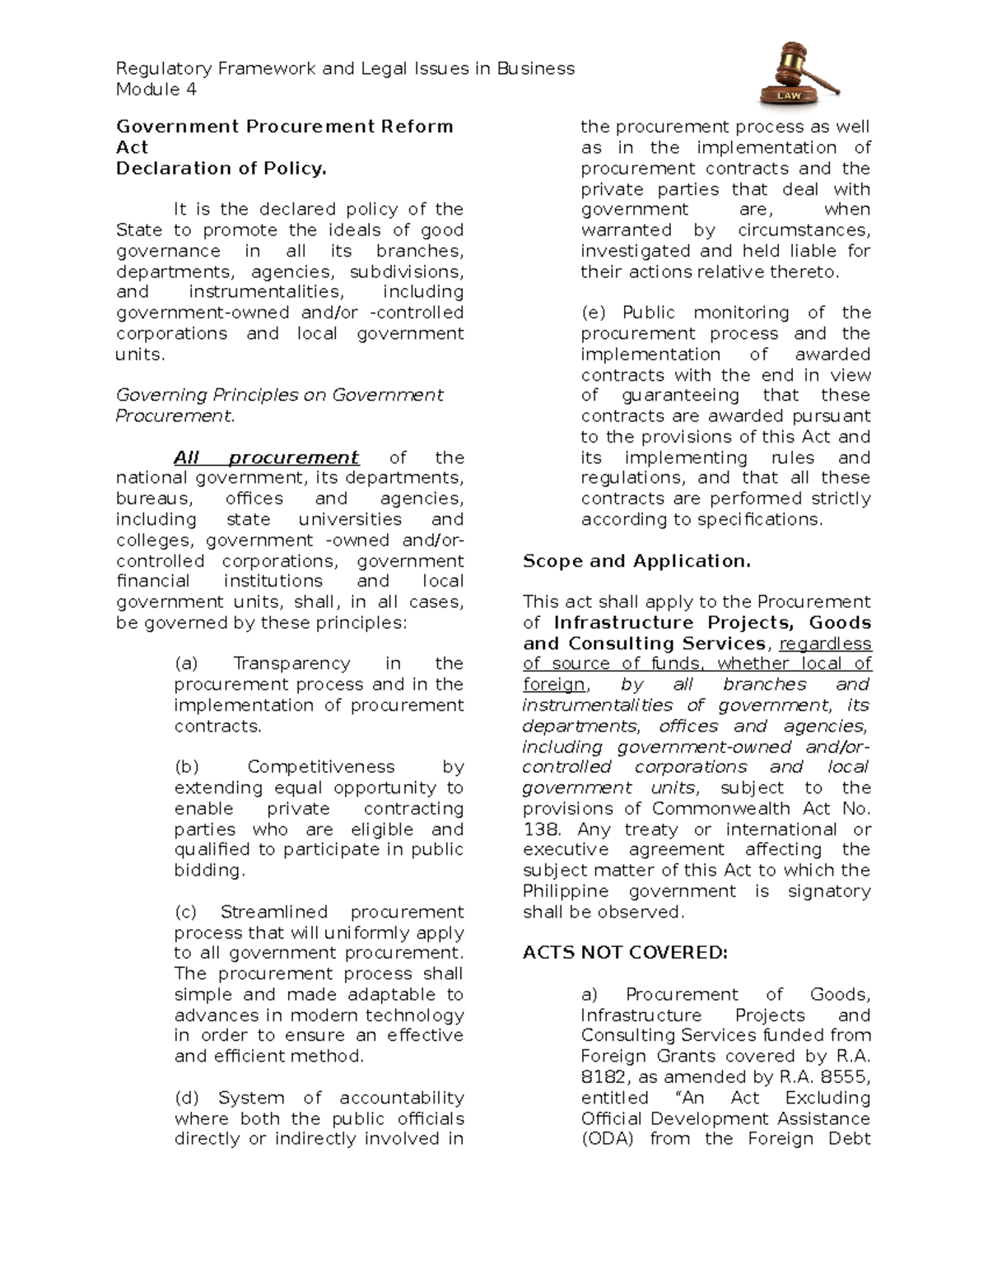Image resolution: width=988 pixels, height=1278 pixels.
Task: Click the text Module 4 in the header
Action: tap(156, 90)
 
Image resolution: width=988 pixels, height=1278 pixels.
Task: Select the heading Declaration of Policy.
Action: tap(221, 169)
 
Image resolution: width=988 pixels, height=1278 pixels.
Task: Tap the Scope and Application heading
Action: tap(636, 561)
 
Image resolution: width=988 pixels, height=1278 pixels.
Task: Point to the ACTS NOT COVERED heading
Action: tap(625, 953)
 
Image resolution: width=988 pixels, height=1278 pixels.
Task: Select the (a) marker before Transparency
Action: tap(186, 663)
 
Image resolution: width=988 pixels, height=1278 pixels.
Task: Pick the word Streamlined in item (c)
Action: tap(273, 912)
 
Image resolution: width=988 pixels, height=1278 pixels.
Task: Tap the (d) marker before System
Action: tap(187, 1098)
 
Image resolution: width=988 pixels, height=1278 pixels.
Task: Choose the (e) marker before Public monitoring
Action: tap(593, 313)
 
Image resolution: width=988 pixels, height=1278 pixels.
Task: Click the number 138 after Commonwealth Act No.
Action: tap(540, 830)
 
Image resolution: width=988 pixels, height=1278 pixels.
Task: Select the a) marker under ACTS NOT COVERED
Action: tap(591, 994)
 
